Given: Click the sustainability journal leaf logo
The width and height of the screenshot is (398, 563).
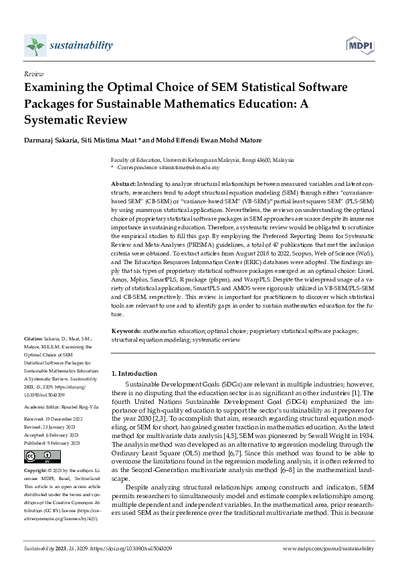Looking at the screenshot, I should [35, 45].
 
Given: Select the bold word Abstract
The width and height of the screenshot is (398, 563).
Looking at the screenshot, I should [123, 183].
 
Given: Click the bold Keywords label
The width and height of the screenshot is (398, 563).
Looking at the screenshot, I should [126, 330].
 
